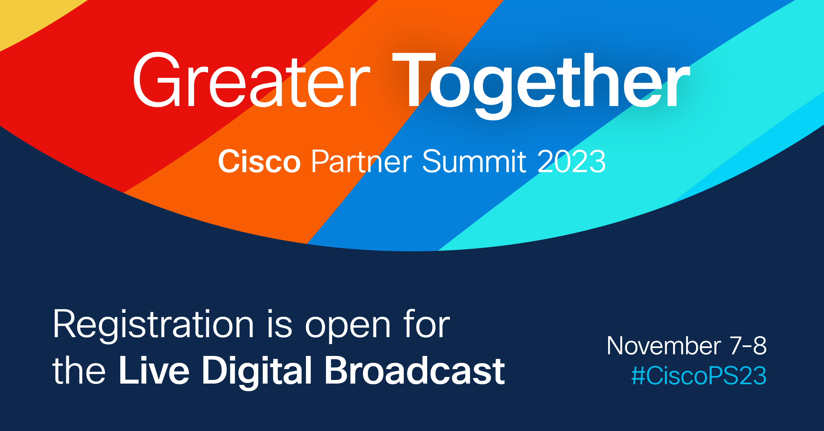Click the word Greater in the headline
coord(251,80)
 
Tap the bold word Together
coord(541,86)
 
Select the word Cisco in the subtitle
coord(259,161)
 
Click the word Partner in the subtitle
coord(362,161)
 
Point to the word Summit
coord(474,161)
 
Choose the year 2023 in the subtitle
coord(572,161)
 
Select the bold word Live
coord(154,370)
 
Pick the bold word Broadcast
coord(415,370)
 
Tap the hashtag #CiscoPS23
coord(699,376)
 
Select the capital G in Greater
coord(157,80)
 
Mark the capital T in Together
coord(414,80)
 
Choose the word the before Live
coord(79,370)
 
